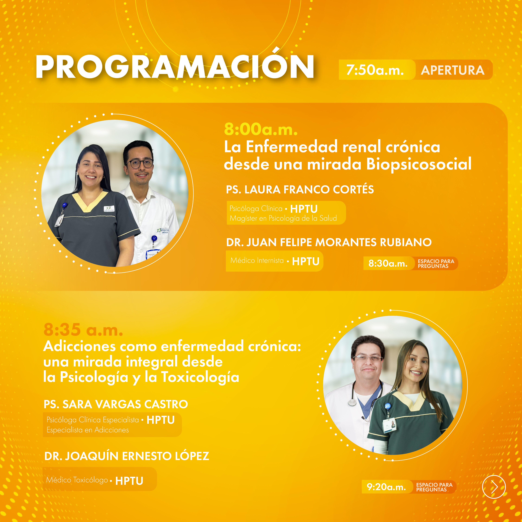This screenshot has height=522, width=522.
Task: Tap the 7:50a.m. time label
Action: [x=375, y=70]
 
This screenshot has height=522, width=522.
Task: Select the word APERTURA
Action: [x=453, y=70]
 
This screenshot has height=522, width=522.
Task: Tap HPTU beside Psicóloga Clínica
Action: [x=304, y=209]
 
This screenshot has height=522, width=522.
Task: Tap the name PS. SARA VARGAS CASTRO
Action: [x=116, y=404]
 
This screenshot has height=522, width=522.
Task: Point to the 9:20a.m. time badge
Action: [x=386, y=487]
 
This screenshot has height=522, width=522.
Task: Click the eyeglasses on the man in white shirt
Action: [x=139, y=163]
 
